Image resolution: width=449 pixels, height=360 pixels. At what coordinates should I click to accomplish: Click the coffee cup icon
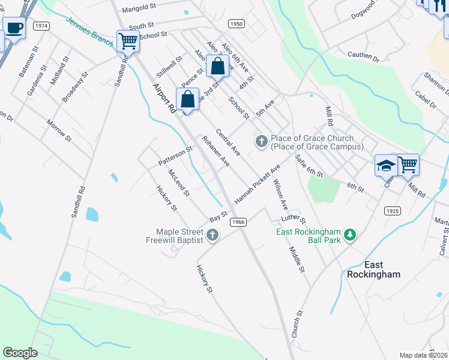14,28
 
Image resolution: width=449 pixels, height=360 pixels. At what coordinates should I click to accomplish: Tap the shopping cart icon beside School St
128,41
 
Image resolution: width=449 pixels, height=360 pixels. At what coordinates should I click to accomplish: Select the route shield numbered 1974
41,26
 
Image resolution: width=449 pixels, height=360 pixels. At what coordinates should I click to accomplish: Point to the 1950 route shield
237,23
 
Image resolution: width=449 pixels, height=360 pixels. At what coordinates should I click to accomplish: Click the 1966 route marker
238,222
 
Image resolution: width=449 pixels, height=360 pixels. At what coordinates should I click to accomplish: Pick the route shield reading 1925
393,211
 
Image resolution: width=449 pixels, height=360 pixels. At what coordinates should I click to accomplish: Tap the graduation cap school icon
385,165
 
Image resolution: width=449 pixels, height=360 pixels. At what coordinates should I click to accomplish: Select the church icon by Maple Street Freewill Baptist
212,235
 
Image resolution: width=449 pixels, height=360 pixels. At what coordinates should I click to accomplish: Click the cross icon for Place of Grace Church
261,142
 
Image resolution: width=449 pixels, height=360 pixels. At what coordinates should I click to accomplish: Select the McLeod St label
179,182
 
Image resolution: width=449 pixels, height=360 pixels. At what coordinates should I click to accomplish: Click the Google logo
20,353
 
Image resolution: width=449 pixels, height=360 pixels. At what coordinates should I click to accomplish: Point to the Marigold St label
139,10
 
